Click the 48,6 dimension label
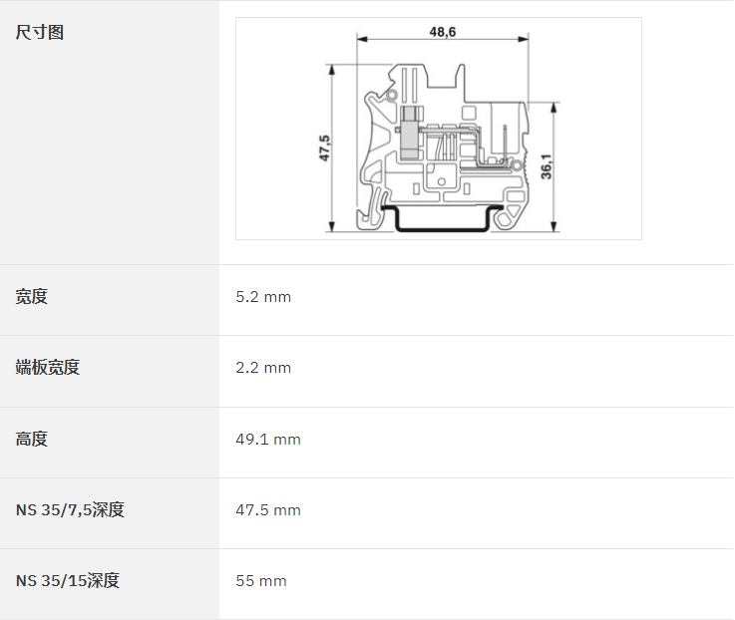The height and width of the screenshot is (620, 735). (443, 32)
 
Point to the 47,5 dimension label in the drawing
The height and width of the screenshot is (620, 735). (324, 149)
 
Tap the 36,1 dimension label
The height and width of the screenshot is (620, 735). (547, 166)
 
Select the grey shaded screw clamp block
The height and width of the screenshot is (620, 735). (410, 133)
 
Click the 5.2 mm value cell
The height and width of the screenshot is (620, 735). (263, 297)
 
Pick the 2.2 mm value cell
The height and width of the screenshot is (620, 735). (263, 368)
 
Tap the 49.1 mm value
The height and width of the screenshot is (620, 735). (268, 440)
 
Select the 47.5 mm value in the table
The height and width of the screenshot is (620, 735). (268, 510)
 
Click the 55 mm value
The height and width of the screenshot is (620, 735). (261, 581)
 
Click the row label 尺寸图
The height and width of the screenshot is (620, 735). (39, 32)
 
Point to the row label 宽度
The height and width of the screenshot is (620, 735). (31, 297)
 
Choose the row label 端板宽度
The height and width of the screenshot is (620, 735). (47, 368)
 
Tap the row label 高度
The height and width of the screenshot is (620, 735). (31, 440)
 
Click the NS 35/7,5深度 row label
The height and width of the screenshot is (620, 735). (70, 510)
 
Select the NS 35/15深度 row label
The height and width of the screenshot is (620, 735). (68, 581)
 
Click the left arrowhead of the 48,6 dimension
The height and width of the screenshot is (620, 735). (362, 39)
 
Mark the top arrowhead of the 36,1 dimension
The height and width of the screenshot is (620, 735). (554, 108)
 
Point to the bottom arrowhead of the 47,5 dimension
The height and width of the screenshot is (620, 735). (332, 226)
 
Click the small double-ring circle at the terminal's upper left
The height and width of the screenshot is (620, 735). (392, 96)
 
